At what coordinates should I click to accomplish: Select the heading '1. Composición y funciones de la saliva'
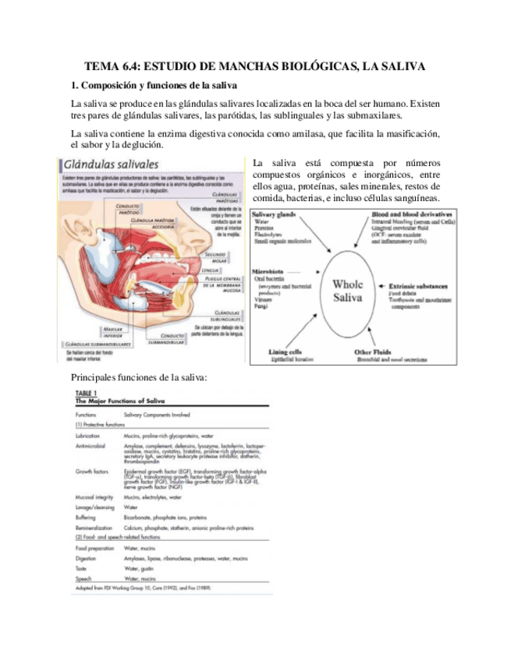(154, 84)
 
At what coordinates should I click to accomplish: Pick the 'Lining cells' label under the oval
(286, 352)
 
